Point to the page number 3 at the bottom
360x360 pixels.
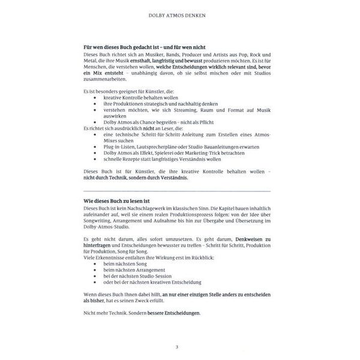click(176, 347)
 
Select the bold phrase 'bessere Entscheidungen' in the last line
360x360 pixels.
click(172, 313)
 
